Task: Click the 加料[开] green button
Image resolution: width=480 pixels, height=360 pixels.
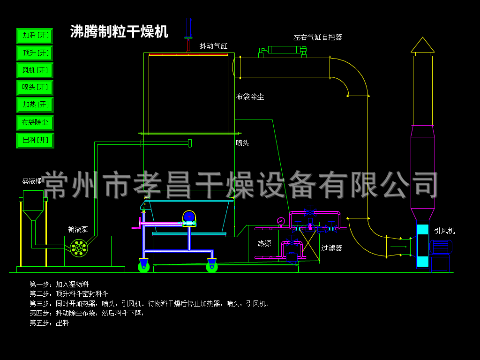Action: point(35,36)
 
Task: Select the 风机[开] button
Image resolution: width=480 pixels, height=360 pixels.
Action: point(35,70)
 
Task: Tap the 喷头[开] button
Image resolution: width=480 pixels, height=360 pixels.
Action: point(35,87)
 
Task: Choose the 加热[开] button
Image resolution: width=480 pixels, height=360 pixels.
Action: point(35,105)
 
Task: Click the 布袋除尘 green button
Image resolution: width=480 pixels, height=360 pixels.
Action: point(35,122)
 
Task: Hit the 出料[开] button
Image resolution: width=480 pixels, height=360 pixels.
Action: point(35,140)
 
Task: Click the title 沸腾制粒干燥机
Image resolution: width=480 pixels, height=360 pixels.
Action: point(119,31)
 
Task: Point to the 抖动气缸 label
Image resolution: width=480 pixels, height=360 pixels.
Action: point(213,46)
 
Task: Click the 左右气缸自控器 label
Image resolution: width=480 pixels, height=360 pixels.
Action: point(318,37)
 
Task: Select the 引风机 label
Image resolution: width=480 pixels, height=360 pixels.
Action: point(444,231)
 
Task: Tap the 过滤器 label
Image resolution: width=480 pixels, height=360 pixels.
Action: point(331,248)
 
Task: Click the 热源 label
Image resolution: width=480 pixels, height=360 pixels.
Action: point(264,243)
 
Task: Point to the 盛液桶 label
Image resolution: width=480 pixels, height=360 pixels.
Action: point(32,181)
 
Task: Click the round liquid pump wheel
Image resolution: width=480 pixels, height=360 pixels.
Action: point(78,248)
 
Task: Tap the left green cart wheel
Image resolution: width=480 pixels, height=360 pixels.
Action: point(143,267)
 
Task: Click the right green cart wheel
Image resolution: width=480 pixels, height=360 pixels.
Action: point(212,267)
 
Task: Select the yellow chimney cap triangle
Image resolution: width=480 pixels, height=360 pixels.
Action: point(422,45)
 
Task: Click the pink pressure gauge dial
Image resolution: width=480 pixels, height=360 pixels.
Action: point(281,221)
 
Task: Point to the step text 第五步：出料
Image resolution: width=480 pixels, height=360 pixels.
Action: point(49,323)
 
